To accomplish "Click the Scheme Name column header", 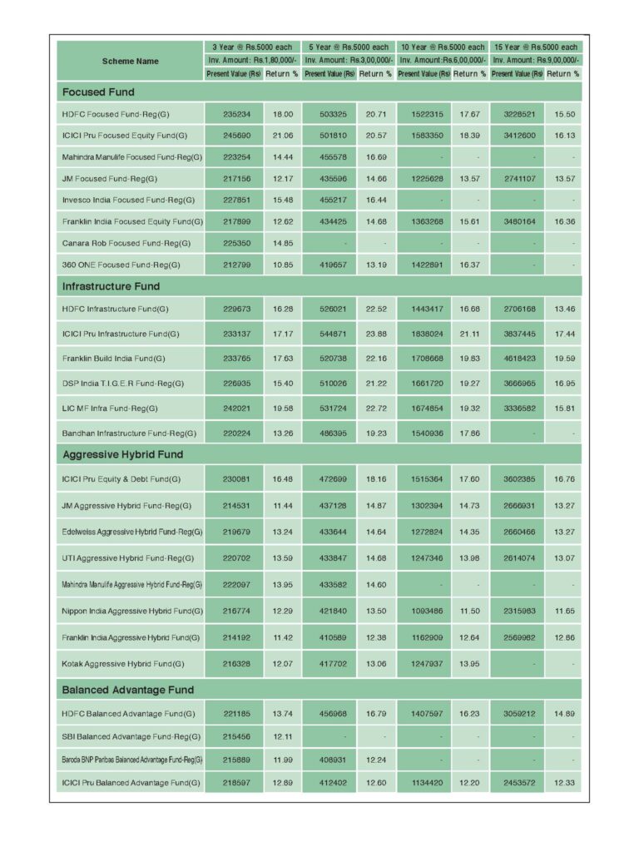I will tap(131, 61).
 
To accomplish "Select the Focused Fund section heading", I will tap(98, 92).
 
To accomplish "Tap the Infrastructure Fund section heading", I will tap(111, 286).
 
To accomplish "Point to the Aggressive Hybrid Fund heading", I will tap(123, 455).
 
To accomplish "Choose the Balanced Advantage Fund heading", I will tap(127, 690).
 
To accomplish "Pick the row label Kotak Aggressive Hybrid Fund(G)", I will tap(122, 664).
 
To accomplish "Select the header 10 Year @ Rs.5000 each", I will tap(442, 47).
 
